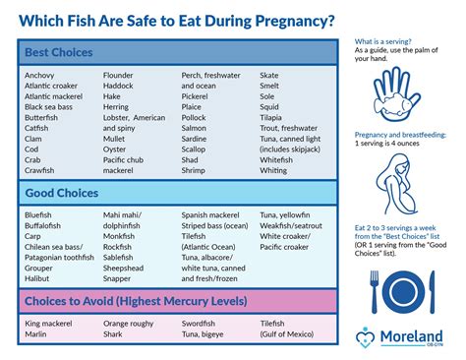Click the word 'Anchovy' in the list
click(40, 75)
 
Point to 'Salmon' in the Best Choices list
click(195, 128)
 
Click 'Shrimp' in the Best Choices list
click(196, 170)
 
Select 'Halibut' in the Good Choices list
click(38, 276)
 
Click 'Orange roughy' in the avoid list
click(130, 324)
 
